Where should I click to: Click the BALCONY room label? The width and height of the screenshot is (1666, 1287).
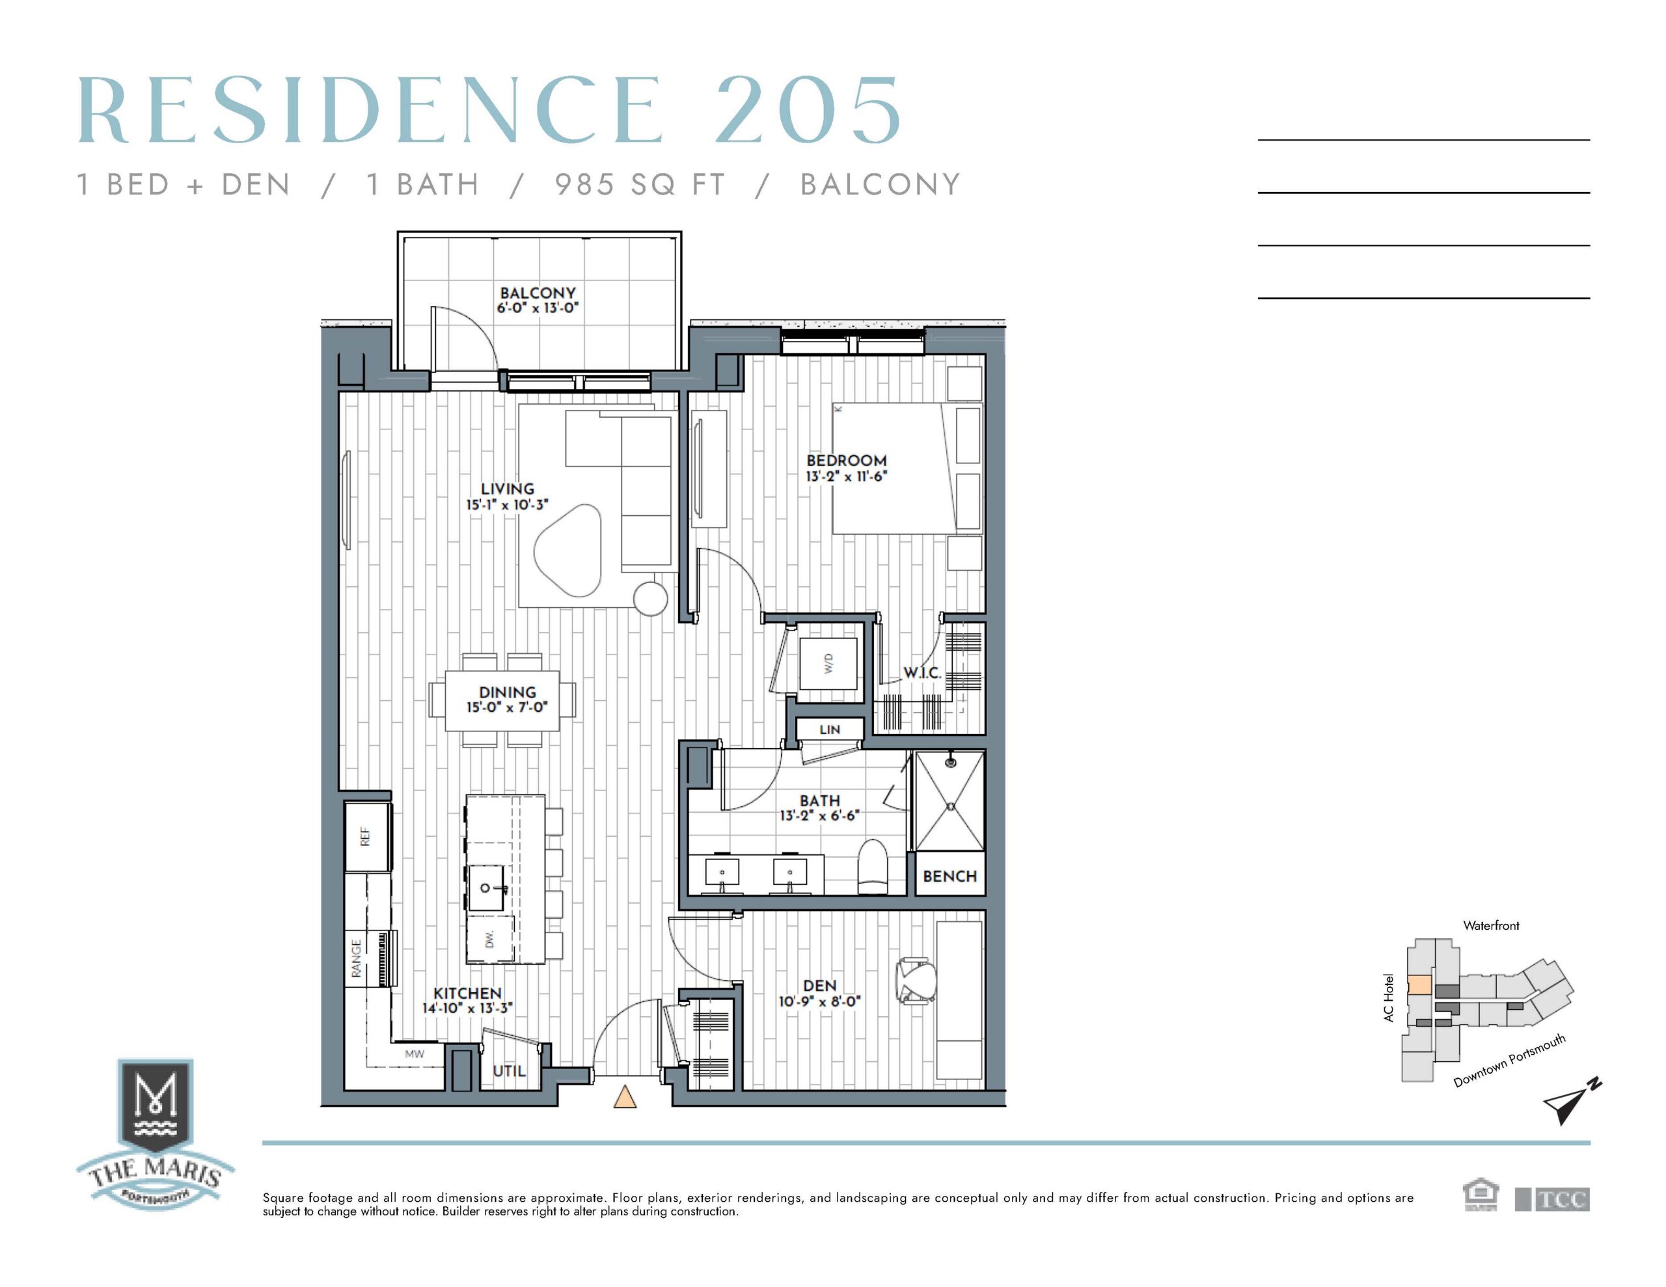click(x=538, y=293)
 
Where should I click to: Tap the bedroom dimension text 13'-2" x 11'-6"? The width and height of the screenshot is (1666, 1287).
click(x=847, y=477)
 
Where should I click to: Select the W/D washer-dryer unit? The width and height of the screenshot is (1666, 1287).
click(x=828, y=663)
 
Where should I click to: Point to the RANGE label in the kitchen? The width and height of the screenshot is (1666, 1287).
click(x=356, y=958)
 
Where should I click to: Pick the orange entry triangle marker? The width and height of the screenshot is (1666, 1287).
click(x=625, y=1096)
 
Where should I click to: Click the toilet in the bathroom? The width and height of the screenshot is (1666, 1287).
click(x=873, y=867)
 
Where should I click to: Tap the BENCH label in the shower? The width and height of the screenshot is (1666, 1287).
click(x=949, y=876)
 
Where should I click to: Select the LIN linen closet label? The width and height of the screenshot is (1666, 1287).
click(x=830, y=729)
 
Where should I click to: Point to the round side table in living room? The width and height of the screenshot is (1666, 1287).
click(x=651, y=598)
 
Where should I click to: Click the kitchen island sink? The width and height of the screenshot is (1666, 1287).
click(x=486, y=887)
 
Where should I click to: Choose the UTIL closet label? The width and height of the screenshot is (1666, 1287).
click(x=510, y=1071)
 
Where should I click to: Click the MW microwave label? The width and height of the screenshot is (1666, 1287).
click(x=414, y=1054)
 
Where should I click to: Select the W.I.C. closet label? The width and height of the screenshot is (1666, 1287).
click(x=923, y=673)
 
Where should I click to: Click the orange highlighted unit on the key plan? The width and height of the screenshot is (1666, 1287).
click(x=1418, y=984)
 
